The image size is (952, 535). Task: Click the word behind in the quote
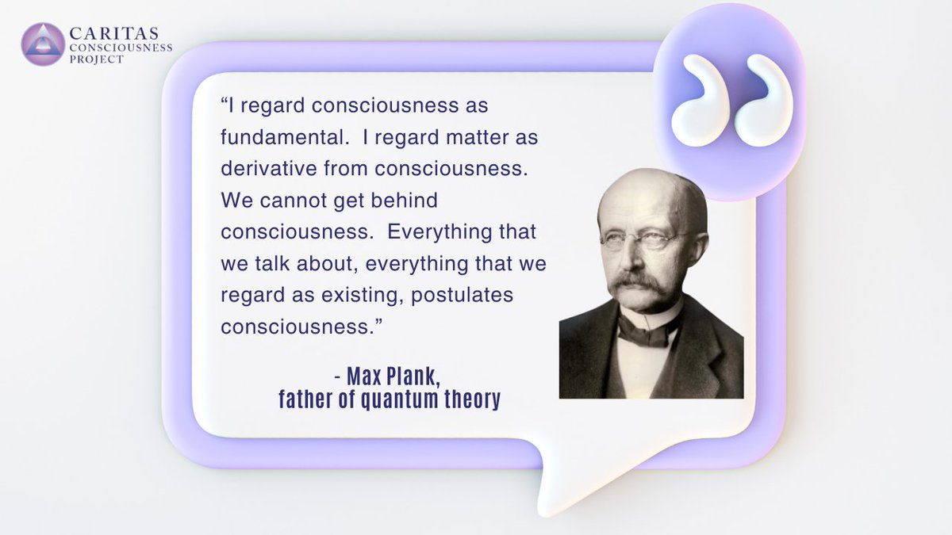404,201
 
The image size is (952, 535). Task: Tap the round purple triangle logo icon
43,44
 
